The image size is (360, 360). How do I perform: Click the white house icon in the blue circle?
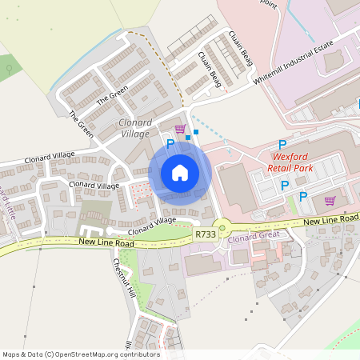pos(180,172)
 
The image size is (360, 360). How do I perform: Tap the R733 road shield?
pos(204,235)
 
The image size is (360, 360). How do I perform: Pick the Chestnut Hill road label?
pos(123,277)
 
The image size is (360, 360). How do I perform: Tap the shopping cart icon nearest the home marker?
pos(180,129)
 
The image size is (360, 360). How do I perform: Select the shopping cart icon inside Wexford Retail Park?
pos(330,201)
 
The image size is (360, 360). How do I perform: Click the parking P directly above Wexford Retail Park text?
pos(282,144)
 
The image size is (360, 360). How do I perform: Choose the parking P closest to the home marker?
pos(170,143)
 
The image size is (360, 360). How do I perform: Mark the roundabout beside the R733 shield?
pos(223,228)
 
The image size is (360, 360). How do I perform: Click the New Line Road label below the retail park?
pos(330,219)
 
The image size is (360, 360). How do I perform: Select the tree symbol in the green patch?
pos(9,69)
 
